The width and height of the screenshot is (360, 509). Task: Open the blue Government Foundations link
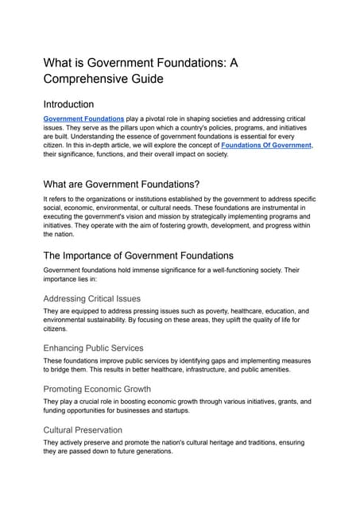[83, 119]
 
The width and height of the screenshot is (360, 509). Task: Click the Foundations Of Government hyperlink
[266, 146]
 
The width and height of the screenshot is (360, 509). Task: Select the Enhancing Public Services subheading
[93, 348]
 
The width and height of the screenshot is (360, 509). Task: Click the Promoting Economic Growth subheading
[98, 388]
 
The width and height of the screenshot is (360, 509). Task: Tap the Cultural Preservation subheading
[83, 429]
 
